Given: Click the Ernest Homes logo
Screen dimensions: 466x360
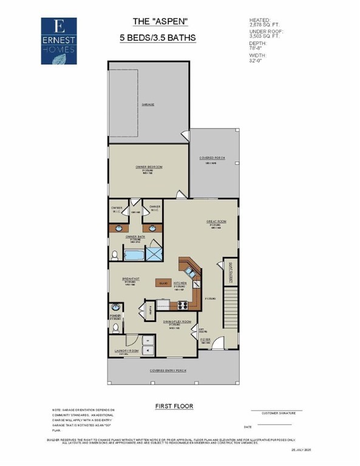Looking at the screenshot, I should (59, 41).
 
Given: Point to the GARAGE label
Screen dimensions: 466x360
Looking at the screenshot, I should (148, 104).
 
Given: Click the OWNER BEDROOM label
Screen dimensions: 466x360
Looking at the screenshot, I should (149, 166).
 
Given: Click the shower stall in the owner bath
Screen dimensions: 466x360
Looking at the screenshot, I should (154, 252).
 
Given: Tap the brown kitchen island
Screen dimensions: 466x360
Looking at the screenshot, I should (163, 283).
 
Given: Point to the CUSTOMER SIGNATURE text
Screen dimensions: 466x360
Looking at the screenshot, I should (276, 414).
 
